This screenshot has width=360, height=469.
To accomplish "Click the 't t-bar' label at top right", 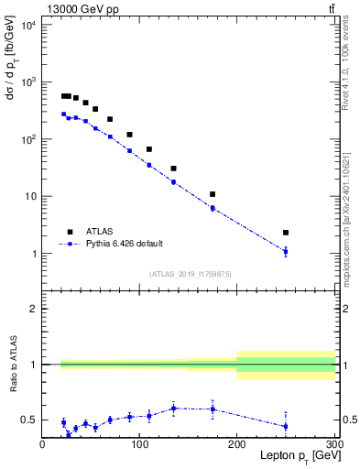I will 331,8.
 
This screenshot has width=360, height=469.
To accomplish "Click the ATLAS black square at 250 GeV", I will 286,233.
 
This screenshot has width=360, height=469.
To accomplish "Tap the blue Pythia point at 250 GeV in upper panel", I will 286,251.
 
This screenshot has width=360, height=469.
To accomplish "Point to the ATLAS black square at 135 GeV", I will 173,169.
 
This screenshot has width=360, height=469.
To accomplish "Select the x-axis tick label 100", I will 139,445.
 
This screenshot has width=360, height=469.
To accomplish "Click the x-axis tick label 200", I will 237,445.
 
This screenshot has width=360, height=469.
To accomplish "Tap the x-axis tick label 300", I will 333,445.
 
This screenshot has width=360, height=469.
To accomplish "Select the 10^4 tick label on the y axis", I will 28,25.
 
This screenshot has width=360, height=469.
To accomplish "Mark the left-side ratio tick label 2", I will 33,309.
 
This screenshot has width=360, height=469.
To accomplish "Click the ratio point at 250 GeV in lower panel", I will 286,426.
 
